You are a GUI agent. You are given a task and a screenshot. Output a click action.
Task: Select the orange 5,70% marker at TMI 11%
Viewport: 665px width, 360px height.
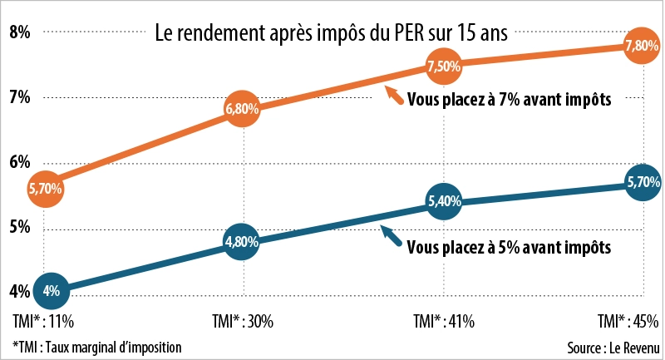click(x=46, y=189)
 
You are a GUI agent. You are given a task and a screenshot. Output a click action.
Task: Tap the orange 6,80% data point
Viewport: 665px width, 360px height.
click(x=243, y=108)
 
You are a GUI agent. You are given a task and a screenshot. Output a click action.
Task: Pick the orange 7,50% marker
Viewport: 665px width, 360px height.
click(x=443, y=65)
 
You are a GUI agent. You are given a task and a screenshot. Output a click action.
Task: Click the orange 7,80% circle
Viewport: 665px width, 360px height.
click(x=643, y=47)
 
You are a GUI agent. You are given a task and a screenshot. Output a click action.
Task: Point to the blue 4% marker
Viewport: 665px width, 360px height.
click(x=51, y=291)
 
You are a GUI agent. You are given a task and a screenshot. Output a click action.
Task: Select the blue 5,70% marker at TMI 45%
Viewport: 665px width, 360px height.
click(x=643, y=181)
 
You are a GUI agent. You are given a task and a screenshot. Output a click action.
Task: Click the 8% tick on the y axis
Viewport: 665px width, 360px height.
click(x=19, y=32)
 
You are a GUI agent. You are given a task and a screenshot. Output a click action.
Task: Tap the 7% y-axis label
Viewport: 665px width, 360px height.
click(x=19, y=97)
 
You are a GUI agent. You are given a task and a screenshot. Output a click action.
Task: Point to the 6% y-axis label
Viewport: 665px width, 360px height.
click(x=19, y=162)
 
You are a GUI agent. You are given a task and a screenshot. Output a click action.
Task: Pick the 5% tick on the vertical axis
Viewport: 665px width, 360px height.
click(x=19, y=227)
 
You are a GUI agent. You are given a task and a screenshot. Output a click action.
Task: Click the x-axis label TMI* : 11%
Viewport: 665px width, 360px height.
click(x=38, y=321)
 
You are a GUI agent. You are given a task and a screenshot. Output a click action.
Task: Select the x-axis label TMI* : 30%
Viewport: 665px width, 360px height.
click(x=243, y=321)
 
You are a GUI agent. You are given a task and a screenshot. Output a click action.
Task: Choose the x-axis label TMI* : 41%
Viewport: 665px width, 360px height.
click(x=443, y=321)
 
